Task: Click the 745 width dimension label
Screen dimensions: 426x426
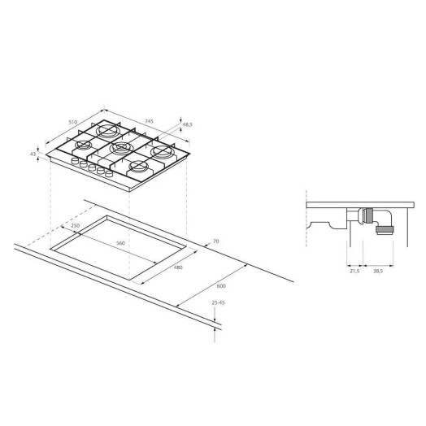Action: [x=150, y=121]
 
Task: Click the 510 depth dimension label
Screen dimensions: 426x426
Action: [x=74, y=123]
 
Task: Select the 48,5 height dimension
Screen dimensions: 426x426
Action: [x=187, y=124]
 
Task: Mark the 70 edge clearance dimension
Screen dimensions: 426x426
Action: [x=215, y=241]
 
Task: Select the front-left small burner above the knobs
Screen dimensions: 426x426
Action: [x=83, y=146]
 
